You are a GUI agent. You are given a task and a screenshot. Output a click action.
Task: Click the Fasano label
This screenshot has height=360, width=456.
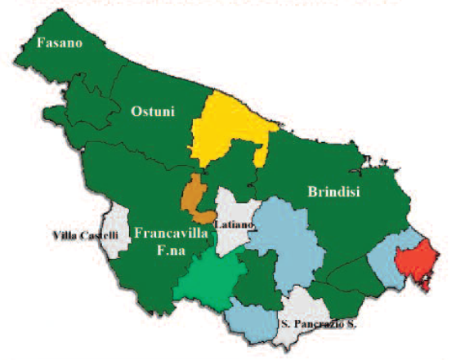(56, 43)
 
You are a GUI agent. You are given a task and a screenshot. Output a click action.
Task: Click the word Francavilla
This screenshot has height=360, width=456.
(173, 233)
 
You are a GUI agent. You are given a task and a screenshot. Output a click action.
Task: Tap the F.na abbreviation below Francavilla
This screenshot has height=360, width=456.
(172, 251)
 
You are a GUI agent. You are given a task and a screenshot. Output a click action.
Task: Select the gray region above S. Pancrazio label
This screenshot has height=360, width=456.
(304, 305)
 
